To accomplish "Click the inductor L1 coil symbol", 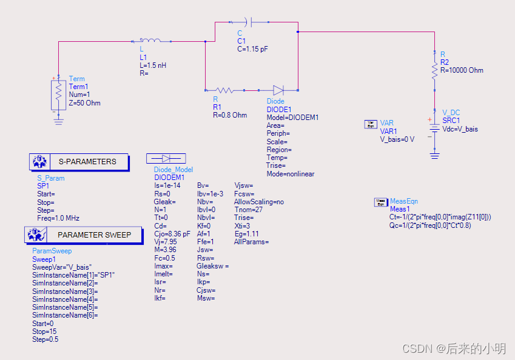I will (x=151, y=41).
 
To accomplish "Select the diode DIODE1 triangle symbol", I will (x=278, y=90).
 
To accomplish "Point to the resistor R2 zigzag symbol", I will (x=434, y=70).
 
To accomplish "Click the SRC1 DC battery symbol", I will (x=434, y=128).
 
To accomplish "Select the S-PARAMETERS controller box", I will (x=79, y=162).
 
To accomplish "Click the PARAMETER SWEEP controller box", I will (x=79, y=235).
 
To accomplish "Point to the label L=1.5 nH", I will (x=152, y=65).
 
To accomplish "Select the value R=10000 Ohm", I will (x=462, y=70).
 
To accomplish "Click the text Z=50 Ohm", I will (x=84, y=103).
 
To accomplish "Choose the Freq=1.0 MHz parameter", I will (x=58, y=218).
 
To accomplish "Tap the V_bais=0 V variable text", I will (x=397, y=139).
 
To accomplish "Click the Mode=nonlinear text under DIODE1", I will (x=291, y=174).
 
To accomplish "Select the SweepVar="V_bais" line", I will (x=62, y=267).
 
